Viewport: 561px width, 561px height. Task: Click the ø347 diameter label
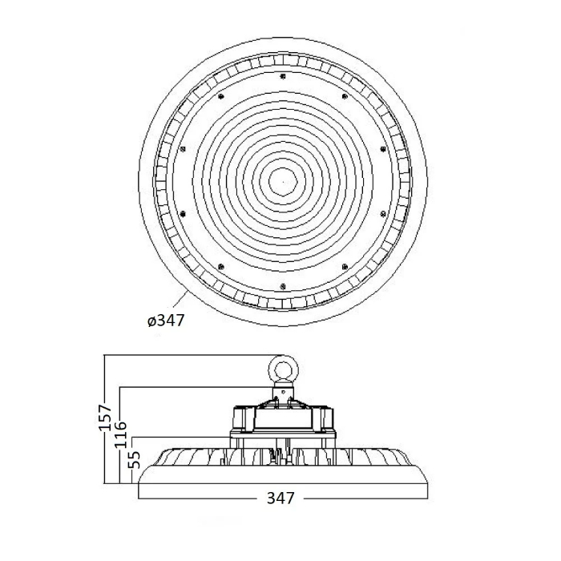click(166, 321)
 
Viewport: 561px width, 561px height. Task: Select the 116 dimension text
click(120, 434)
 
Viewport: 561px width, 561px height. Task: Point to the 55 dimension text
click(135, 460)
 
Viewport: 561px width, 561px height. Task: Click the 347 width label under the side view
click(280, 498)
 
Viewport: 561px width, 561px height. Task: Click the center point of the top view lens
click(283, 182)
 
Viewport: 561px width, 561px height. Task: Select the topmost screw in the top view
click(283, 76)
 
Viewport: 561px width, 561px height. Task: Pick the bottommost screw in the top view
click(283, 286)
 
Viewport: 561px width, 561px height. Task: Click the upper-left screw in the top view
click(220, 96)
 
